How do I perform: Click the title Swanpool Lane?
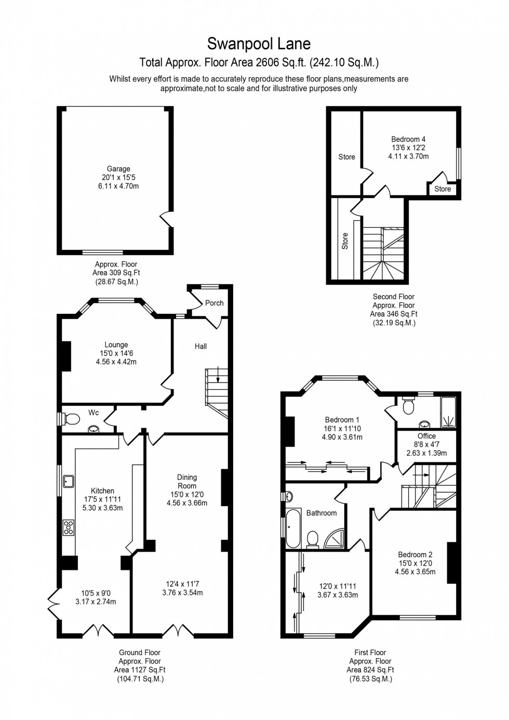(x=259, y=43)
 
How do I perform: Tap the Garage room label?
(x=118, y=169)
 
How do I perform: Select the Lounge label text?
(x=116, y=345)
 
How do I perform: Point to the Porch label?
(x=214, y=303)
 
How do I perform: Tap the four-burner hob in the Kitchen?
(x=68, y=527)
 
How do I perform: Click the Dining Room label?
(x=187, y=482)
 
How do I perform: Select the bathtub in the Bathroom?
(x=292, y=529)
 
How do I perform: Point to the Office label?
(x=426, y=436)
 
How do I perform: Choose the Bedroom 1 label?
(x=342, y=420)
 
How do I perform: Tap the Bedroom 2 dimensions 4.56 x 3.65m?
(x=415, y=572)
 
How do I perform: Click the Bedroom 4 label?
(x=408, y=139)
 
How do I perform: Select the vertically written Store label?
(x=345, y=241)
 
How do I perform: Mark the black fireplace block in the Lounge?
(x=66, y=356)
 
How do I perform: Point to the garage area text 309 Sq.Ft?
(x=116, y=273)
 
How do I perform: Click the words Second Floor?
(x=394, y=297)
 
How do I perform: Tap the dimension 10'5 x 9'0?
(x=96, y=593)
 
